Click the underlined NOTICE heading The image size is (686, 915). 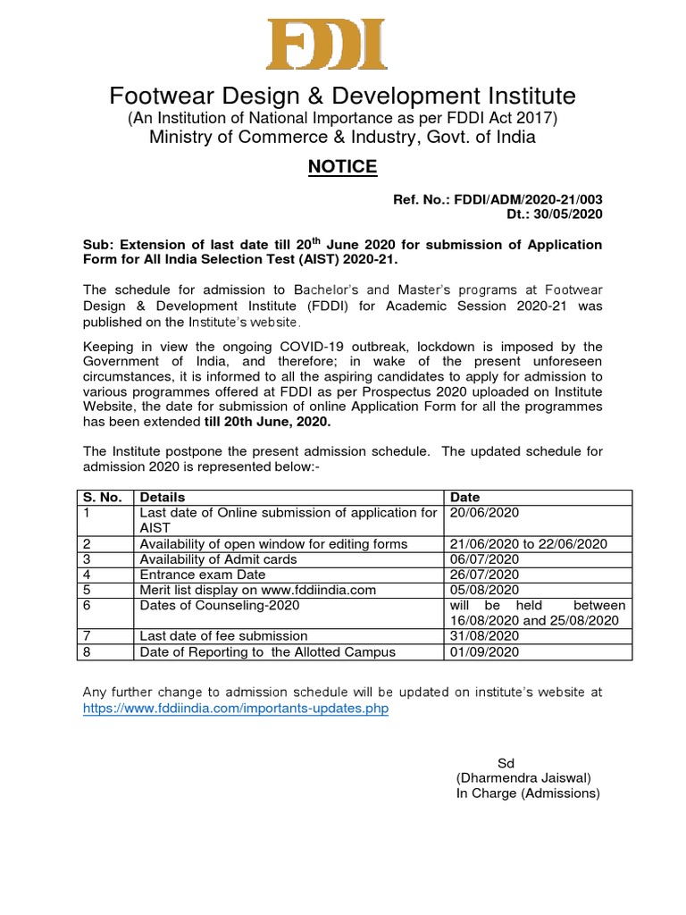tap(342, 167)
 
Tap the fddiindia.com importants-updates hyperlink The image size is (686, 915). tap(236, 708)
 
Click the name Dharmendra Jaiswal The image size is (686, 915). tap(523, 778)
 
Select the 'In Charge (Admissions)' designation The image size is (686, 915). tap(528, 793)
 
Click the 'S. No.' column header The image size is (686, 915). tap(101, 497)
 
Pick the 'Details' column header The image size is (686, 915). tap(163, 497)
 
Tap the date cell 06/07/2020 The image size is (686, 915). tap(484, 559)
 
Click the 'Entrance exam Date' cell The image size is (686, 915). tap(203, 575)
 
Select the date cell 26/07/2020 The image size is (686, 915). tap(484, 575)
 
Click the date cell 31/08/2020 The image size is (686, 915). tap(484, 636)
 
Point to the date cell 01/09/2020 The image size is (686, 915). tap(484, 652)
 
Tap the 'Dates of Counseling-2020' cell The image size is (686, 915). tap(220, 605)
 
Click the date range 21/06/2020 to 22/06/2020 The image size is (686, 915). tap(529, 544)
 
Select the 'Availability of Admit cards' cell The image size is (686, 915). tap(218, 559)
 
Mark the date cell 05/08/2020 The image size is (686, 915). tap(484, 590)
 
